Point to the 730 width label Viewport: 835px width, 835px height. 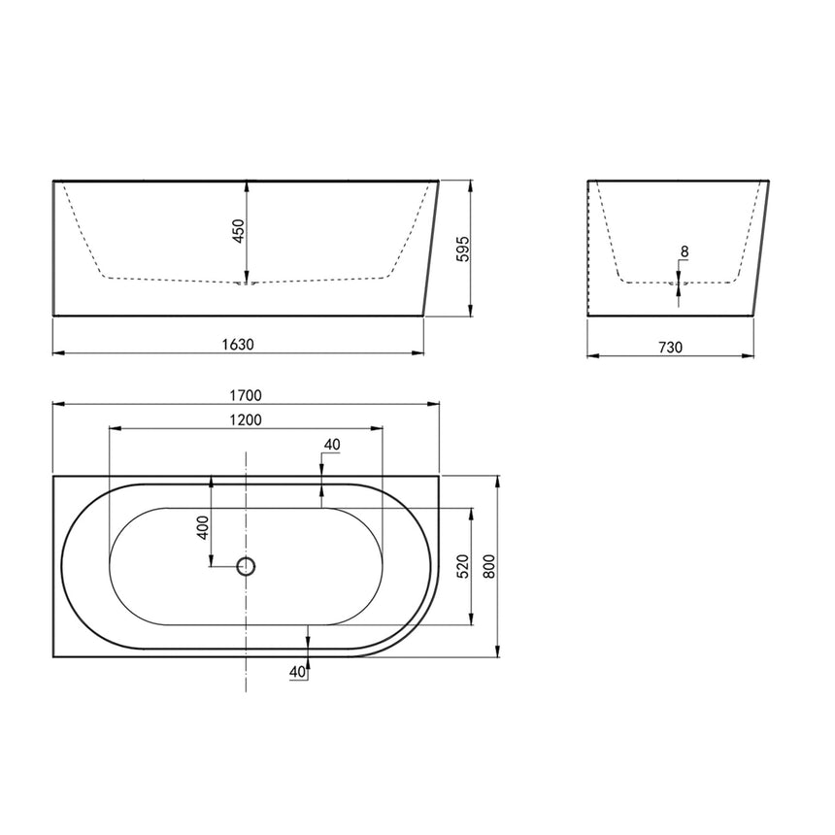[x=671, y=347]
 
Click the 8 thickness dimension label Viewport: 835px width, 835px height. [x=685, y=252]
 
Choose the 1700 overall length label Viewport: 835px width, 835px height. [x=247, y=395]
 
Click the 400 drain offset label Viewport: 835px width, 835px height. [x=203, y=527]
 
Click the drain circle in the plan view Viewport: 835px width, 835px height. [x=247, y=565]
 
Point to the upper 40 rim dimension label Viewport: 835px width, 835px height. [x=331, y=445]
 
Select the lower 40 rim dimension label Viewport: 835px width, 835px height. [x=297, y=671]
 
